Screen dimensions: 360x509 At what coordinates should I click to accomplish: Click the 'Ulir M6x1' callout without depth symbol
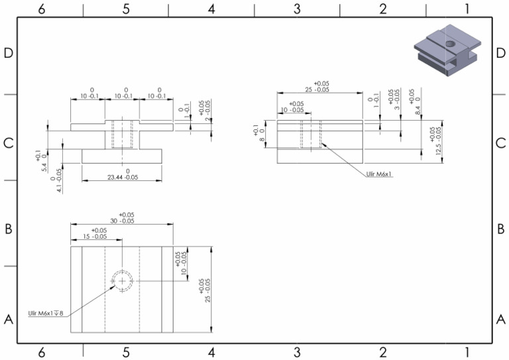coord(380,174)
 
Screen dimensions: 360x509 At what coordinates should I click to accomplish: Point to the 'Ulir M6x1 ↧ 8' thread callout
coord(46,313)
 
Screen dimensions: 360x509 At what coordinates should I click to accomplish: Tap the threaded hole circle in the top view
coord(122,281)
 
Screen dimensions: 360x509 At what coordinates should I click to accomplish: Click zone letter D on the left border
coord(9,54)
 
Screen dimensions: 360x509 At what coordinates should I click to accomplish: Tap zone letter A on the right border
coord(500,319)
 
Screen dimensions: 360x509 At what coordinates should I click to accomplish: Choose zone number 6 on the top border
coord(42,9)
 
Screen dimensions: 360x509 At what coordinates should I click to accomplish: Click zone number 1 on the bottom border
coord(468,352)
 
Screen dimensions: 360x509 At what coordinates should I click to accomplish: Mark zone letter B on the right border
coord(500,229)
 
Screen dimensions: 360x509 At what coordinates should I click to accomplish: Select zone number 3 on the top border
coord(297,9)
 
